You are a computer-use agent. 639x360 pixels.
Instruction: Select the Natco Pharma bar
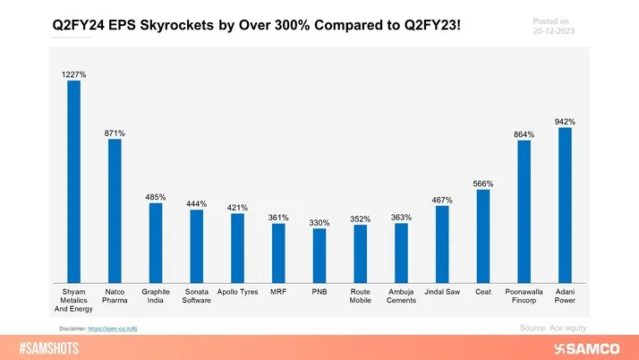115,210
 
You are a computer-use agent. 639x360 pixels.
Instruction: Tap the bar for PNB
319,255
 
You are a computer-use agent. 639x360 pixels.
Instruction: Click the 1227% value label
74,74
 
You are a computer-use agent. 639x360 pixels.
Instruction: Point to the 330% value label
319,222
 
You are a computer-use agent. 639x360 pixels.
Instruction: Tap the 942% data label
565,121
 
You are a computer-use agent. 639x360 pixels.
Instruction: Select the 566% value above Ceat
483,184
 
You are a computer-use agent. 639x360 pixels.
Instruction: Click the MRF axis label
278,293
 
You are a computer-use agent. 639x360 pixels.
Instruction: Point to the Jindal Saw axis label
442,293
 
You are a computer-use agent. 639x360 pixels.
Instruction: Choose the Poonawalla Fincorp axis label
524,297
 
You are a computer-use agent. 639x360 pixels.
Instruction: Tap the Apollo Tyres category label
237,293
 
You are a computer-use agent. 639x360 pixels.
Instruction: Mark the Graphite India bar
156,242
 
